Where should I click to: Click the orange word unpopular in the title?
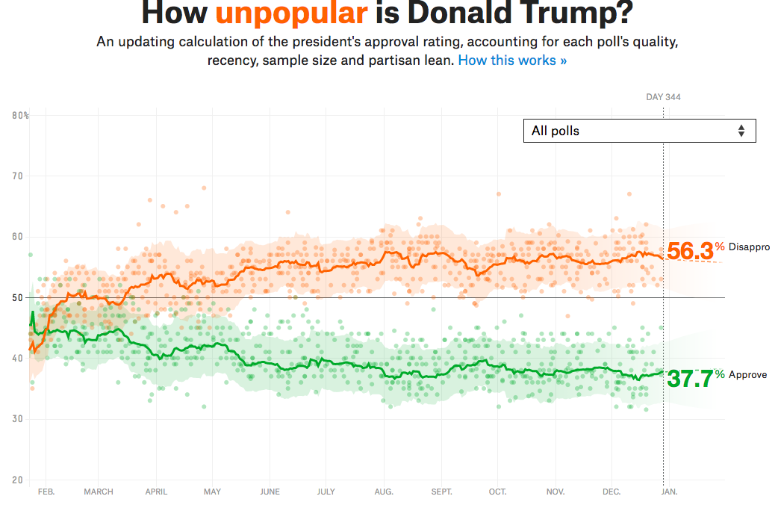292,14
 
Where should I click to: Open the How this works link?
512,61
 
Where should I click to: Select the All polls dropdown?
639,131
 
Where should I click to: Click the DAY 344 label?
663,97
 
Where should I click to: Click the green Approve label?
747,375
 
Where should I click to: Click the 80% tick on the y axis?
21,116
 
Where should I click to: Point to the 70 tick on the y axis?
18,176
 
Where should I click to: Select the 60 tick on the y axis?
18,237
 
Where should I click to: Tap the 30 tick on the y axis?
18,419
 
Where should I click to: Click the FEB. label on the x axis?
46,492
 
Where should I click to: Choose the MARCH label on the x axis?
99,492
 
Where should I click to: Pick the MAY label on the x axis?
212,492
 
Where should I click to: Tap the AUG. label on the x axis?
383,492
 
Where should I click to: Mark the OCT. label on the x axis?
497,492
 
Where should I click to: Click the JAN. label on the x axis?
669,492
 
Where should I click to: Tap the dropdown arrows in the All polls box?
741,131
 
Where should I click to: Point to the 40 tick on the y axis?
18,359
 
